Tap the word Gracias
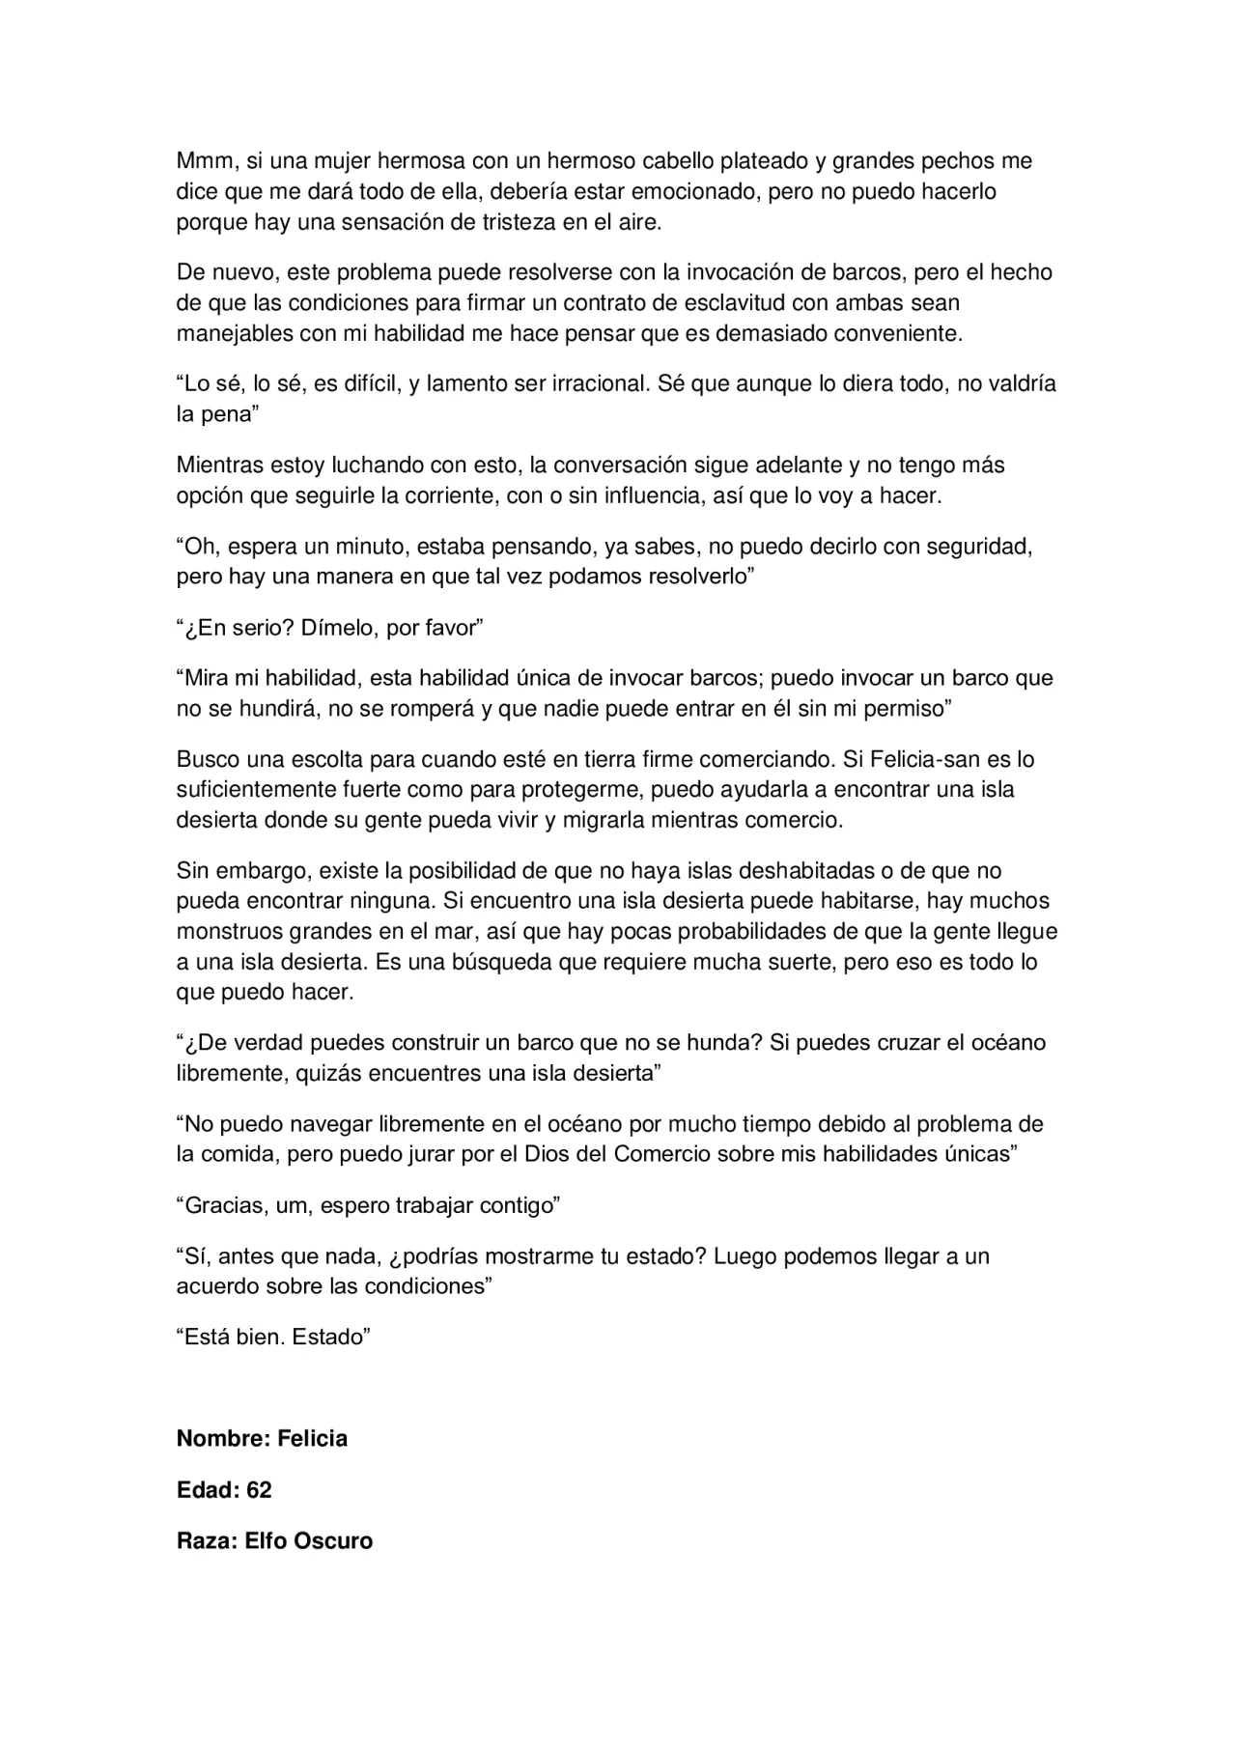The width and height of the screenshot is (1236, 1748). [x=224, y=1205]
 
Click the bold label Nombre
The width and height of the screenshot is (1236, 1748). [x=219, y=1439]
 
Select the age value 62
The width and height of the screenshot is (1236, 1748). [x=259, y=1490]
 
